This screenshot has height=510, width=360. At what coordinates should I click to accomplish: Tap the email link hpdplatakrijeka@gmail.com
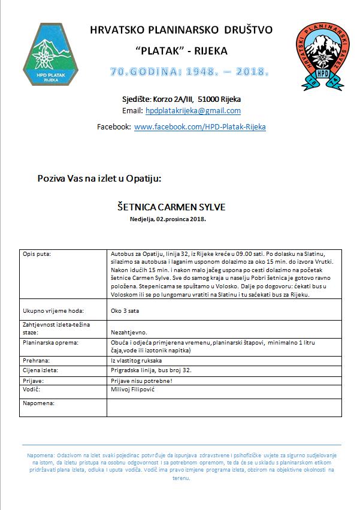(x=193, y=111)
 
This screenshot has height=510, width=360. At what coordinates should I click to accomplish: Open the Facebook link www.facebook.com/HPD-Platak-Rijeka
(x=200, y=127)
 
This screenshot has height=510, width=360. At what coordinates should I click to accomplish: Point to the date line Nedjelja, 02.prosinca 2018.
(x=168, y=220)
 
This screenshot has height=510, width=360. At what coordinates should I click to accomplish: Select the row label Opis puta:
(x=37, y=254)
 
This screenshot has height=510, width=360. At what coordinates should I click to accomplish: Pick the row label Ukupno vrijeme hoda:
(x=52, y=310)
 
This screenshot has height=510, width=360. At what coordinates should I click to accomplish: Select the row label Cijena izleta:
(x=42, y=371)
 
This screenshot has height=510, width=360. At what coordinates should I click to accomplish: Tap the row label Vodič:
(x=31, y=390)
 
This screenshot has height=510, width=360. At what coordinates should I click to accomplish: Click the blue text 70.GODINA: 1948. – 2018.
(x=189, y=73)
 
